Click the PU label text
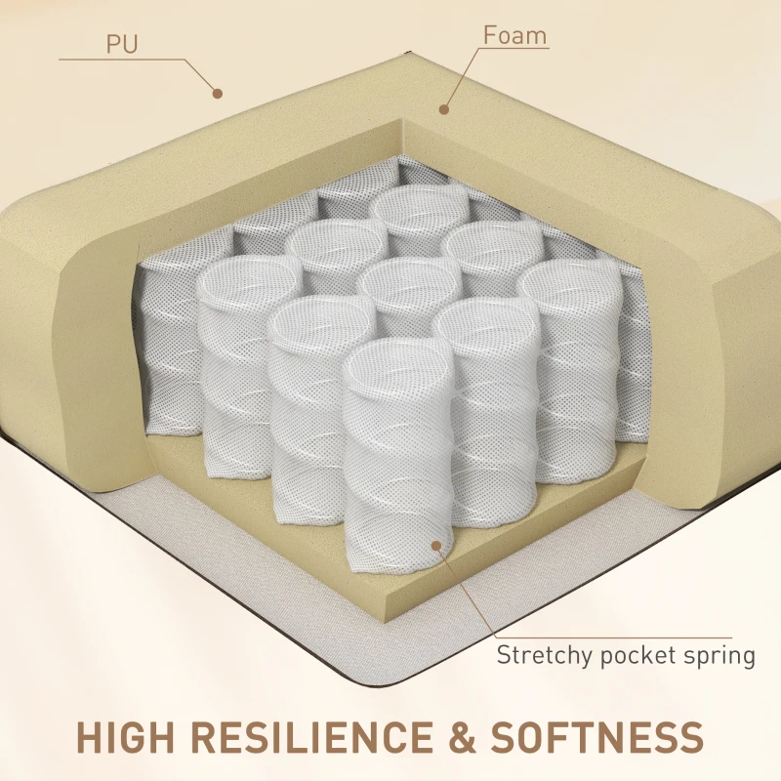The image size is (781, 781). [122, 44]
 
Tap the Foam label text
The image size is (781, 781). [514, 35]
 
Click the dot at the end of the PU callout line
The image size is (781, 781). [217, 93]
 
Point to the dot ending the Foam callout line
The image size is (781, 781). [444, 109]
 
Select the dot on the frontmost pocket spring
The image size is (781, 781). [436, 546]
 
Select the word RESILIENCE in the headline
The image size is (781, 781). [312, 737]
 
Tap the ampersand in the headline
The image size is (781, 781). [462, 737]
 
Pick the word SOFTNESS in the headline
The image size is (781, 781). [597, 737]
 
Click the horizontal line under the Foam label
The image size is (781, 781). [514, 48]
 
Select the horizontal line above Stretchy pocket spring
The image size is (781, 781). [614, 637]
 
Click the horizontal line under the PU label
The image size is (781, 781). [122, 60]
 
